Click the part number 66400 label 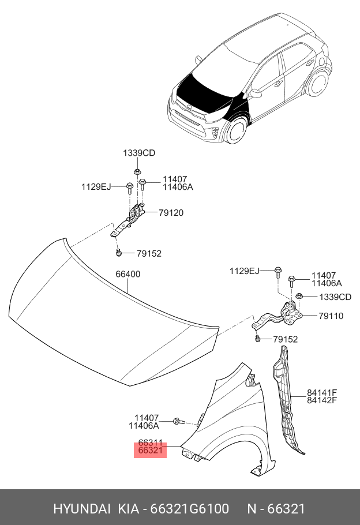127,275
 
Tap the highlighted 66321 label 150,450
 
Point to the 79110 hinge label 331,316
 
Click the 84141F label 322,393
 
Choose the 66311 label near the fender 150,442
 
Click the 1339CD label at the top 138,153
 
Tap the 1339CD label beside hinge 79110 335,297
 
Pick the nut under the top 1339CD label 137,172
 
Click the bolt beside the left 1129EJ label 130,187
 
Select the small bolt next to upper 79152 118,253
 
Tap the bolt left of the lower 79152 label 258,339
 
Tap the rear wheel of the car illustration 316,84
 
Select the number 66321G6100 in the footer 190,509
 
